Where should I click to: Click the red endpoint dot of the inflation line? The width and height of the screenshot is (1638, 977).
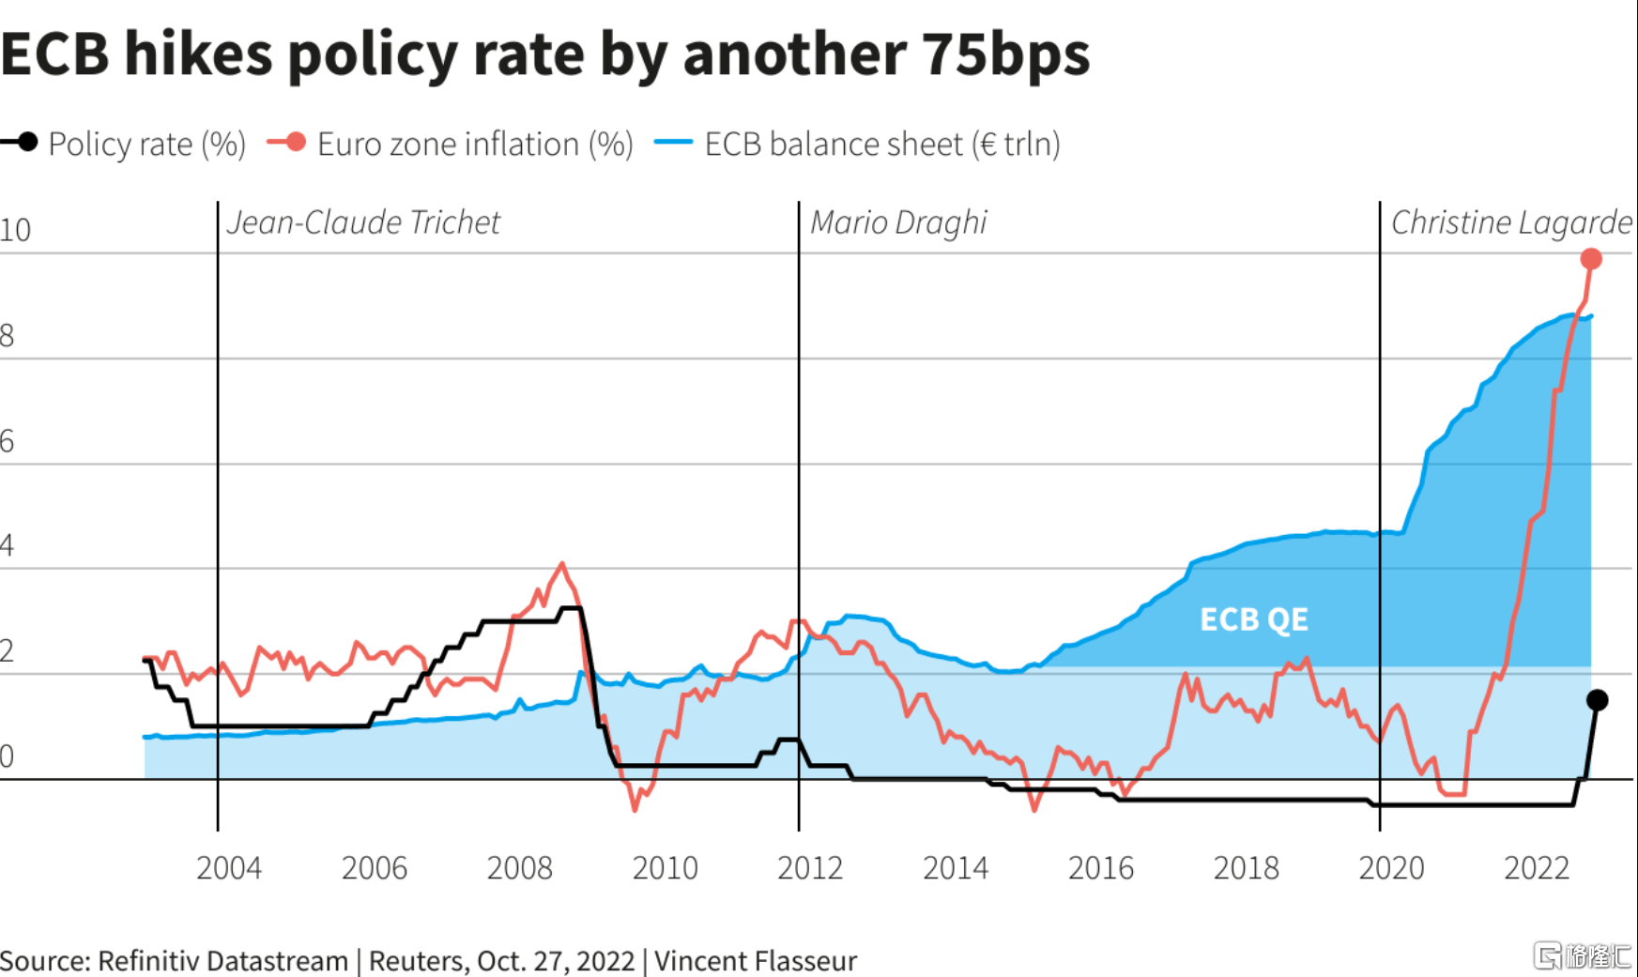coord(1591,259)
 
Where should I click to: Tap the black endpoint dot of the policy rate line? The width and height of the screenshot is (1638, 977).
coord(1598,700)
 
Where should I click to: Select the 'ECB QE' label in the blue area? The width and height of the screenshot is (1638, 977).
coord(1254,619)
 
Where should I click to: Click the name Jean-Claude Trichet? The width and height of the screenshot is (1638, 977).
coord(363,222)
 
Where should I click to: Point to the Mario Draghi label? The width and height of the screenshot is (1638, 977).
coord(898,222)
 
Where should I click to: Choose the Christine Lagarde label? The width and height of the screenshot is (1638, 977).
coord(1511,222)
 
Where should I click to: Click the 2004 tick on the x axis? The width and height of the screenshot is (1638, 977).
coord(228,868)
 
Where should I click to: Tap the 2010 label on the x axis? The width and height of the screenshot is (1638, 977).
coord(665,868)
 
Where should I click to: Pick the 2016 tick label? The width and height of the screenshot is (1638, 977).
coord(1101,868)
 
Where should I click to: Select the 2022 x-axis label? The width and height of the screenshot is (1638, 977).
coord(1537,868)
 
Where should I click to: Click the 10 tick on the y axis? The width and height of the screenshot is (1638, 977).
coord(15,230)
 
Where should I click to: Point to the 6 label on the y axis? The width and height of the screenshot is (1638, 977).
coord(8,441)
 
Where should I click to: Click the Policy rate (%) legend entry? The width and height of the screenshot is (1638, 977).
coord(146,145)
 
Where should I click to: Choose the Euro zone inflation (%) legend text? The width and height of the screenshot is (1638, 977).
coord(475,145)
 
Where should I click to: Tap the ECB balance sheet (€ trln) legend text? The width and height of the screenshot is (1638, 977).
coord(882,145)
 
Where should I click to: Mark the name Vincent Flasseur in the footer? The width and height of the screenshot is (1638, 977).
coord(756,961)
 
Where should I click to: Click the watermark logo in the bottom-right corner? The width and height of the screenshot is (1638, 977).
coord(1583,955)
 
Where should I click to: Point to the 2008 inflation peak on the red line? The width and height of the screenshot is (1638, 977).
coord(562,563)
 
